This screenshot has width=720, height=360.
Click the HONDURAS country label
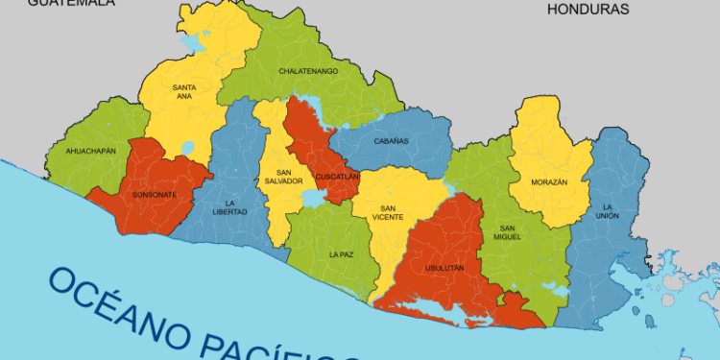click(587, 10)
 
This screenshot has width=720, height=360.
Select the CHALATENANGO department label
click(308, 71)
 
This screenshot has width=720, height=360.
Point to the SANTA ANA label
click(185, 92)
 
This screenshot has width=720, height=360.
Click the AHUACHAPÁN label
click(91, 151)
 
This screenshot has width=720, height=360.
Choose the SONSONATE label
click(155, 195)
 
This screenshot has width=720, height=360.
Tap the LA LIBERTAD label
click(236, 207)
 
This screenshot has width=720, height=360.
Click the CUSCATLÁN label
click(337, 177)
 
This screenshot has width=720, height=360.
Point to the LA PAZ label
click(341, 255)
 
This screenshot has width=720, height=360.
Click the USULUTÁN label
click(444, 268)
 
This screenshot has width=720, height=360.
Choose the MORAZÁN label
click(549, 182)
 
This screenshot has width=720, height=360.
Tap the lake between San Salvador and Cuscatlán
click(312, 198)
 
